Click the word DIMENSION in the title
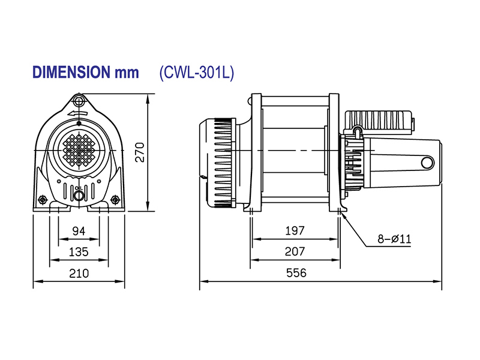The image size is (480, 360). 68,73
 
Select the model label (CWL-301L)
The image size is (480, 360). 196,73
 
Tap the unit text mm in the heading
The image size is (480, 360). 125,73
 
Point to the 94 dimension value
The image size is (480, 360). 79,231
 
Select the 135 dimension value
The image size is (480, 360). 79,251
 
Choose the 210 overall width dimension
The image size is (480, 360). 79,273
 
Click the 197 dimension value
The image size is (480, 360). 295,230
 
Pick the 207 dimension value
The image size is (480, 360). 295,251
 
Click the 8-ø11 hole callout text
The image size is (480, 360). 394,239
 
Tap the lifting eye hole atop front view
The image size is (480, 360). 79,99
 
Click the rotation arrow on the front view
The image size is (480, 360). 79,112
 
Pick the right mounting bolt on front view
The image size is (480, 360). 115,199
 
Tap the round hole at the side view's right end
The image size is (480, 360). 427,162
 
